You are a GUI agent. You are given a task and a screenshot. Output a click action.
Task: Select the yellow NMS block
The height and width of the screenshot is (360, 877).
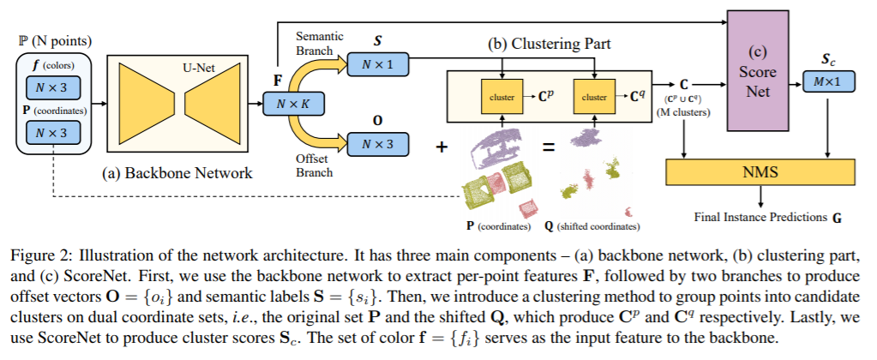(x=760, y=172)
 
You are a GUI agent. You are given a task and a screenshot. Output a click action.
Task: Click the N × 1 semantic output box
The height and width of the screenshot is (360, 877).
(x=377, y=65)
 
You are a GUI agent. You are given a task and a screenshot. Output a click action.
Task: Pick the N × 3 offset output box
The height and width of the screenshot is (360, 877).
(x=377, y=144)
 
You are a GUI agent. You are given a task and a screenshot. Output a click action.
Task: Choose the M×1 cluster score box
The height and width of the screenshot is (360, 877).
(x=829, y=81)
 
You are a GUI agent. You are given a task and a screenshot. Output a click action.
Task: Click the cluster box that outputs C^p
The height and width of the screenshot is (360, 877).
(x=502, y=97)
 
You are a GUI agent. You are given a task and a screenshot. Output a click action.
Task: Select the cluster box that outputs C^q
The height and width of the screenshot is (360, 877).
(x=594, y=97)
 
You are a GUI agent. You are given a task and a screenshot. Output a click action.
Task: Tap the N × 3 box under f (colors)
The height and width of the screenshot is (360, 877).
(x=54, y=87)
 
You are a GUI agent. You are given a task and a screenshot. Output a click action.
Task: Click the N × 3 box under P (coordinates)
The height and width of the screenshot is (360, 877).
(x=54, y=133)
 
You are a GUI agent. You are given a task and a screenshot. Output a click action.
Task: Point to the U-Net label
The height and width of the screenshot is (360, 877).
(x=199, y=69)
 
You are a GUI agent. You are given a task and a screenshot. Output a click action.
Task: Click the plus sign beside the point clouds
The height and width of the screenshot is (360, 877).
(x=442, y=147)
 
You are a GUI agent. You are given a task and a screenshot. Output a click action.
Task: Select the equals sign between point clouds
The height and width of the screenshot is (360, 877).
(x=549, y=147)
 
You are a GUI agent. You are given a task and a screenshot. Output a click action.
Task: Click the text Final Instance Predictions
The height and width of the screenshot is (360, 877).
(x=760, y=217)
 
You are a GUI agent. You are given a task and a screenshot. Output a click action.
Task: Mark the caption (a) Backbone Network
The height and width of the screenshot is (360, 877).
(x=177, y=173)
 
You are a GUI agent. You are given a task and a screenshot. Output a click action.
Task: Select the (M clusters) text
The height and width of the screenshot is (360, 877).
(x=683, y=111)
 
